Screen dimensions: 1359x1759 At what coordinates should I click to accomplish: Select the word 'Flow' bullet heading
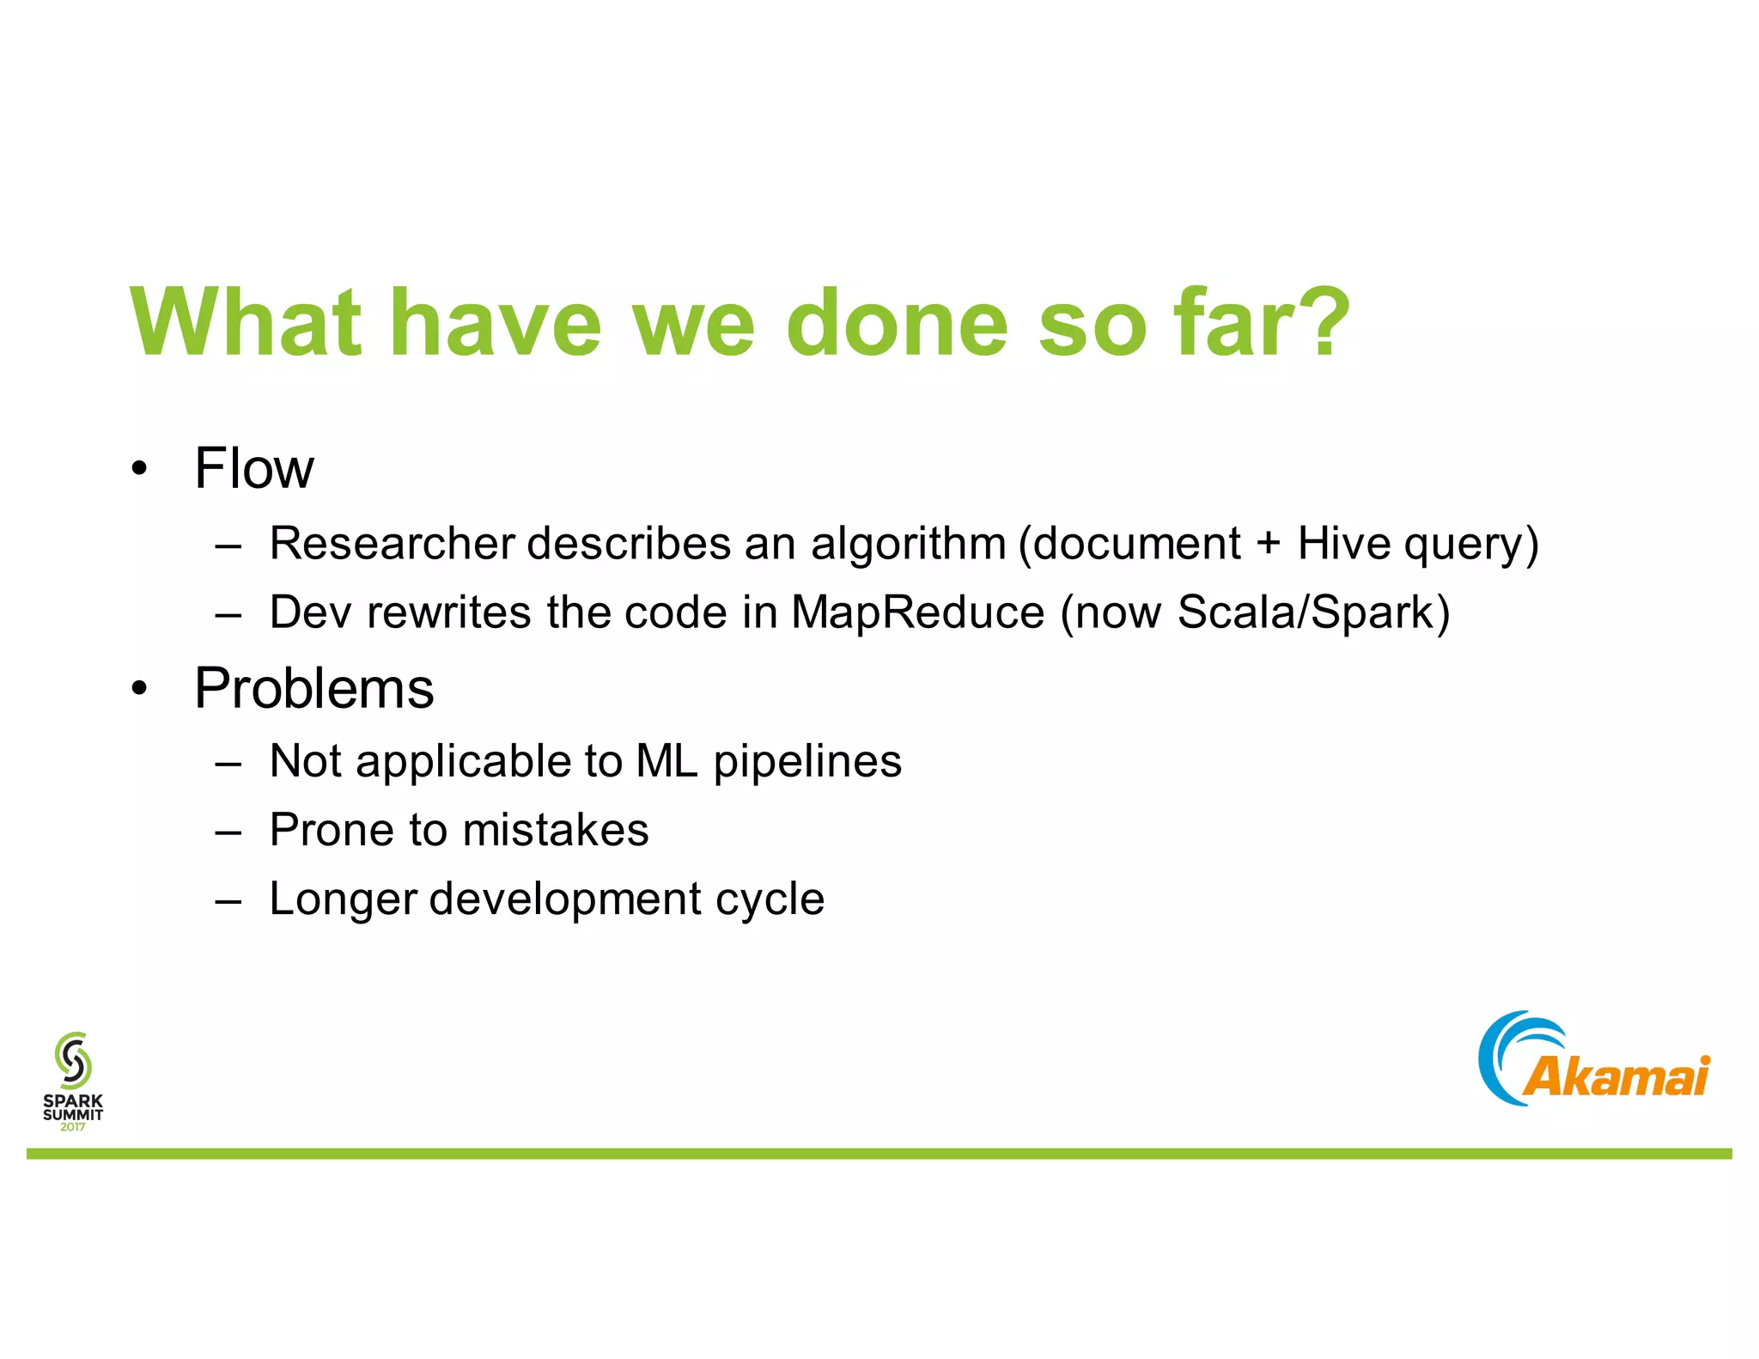tap(254, 469)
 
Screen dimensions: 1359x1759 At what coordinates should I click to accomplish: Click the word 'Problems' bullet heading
tap(314, 689)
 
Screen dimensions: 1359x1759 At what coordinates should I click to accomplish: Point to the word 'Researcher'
tap(393, 544)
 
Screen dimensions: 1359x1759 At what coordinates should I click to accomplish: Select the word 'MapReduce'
tap(916, 612)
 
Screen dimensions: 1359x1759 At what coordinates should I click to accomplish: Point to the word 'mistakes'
tap(555, 830)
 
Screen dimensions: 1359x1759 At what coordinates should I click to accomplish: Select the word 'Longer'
tap(343, 900)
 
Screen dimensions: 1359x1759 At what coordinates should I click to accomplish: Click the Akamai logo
tap(1593, 1059)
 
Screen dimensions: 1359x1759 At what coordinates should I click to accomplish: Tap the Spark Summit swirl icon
tap(73, 1059)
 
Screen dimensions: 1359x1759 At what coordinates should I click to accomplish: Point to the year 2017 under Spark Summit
tap(73, 1127)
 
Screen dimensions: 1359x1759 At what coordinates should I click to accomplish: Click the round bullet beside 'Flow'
tap(140, 470)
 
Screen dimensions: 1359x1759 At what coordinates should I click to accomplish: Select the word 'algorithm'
tap(908, 544)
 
